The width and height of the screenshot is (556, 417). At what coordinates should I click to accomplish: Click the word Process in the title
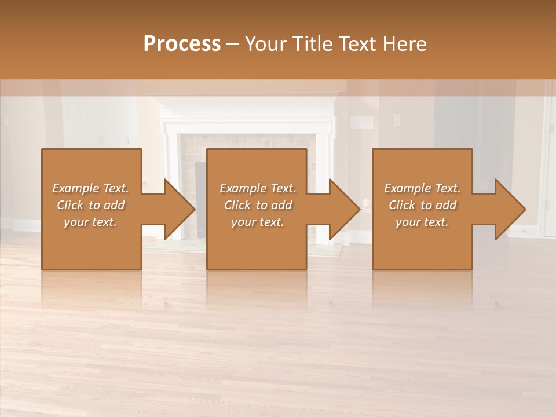182,44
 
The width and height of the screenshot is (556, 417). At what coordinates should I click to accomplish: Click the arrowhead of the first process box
180,209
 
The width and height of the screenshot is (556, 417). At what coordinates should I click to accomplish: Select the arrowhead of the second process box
345,209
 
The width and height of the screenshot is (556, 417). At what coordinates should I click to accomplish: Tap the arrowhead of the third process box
510,209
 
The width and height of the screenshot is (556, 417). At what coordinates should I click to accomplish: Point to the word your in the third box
408,222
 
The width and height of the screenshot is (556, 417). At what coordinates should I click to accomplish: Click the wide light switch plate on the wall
362,122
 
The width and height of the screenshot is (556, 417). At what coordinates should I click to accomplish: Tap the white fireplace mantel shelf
247,104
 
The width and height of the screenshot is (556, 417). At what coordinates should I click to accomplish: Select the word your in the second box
243,222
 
